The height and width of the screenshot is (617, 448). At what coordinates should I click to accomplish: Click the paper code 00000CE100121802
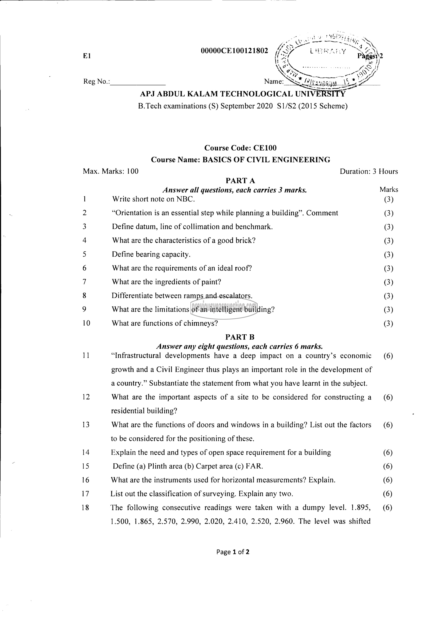[234, 51]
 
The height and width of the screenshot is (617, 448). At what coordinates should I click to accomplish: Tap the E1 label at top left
[87, 56]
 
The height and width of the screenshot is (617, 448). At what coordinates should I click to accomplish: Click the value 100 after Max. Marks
[132, 171]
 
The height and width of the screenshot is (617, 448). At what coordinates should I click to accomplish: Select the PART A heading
[240, 181]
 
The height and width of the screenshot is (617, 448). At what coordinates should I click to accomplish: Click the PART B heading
[240, 337]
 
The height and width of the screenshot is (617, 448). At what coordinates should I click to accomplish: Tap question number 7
[84, 282]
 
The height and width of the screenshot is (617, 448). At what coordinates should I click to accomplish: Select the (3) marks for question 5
[388, 255]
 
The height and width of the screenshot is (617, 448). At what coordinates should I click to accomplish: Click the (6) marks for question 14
[388, 452]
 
